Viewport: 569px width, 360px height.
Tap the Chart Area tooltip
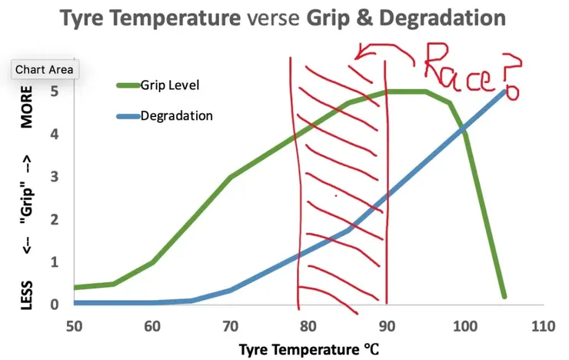pos(45,69)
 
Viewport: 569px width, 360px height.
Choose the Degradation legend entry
pos(176,116)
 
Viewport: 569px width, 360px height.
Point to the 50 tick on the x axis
pos(75,325)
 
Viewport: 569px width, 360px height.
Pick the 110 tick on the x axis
pos(543,325)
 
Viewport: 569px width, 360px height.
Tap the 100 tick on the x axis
pos(464,325)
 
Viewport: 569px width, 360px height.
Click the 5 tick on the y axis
pos(54,92)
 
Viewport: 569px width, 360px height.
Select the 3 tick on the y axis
pos(54,177)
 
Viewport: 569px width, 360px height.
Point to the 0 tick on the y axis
pos(54,305)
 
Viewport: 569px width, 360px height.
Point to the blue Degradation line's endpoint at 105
pos(504,92)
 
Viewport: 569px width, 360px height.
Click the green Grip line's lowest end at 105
pos(504,295)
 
